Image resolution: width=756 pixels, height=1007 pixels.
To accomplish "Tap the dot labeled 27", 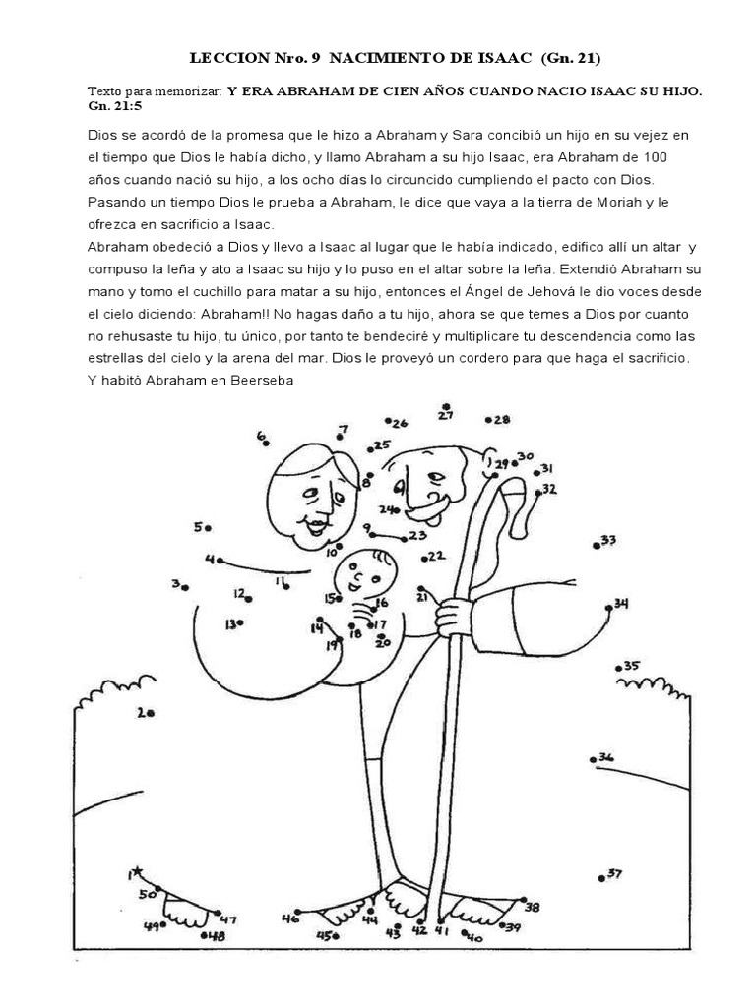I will pos(446,405).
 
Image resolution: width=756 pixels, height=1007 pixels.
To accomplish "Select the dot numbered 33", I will pos(598,544).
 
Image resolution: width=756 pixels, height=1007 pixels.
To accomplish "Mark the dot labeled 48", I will pos(204,936).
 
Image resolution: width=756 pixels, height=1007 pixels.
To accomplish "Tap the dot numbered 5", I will pos(209,529).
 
